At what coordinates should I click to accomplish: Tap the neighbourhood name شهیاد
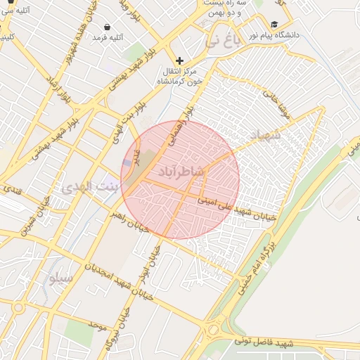[x=264, y=135]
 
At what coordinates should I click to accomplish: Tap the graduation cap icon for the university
[x=274, y=24]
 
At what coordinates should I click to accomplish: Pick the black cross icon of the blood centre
[x=180, y=61]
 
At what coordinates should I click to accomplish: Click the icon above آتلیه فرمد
[x=107, y=26]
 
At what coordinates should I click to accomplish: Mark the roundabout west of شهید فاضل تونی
[x=212, y=330]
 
